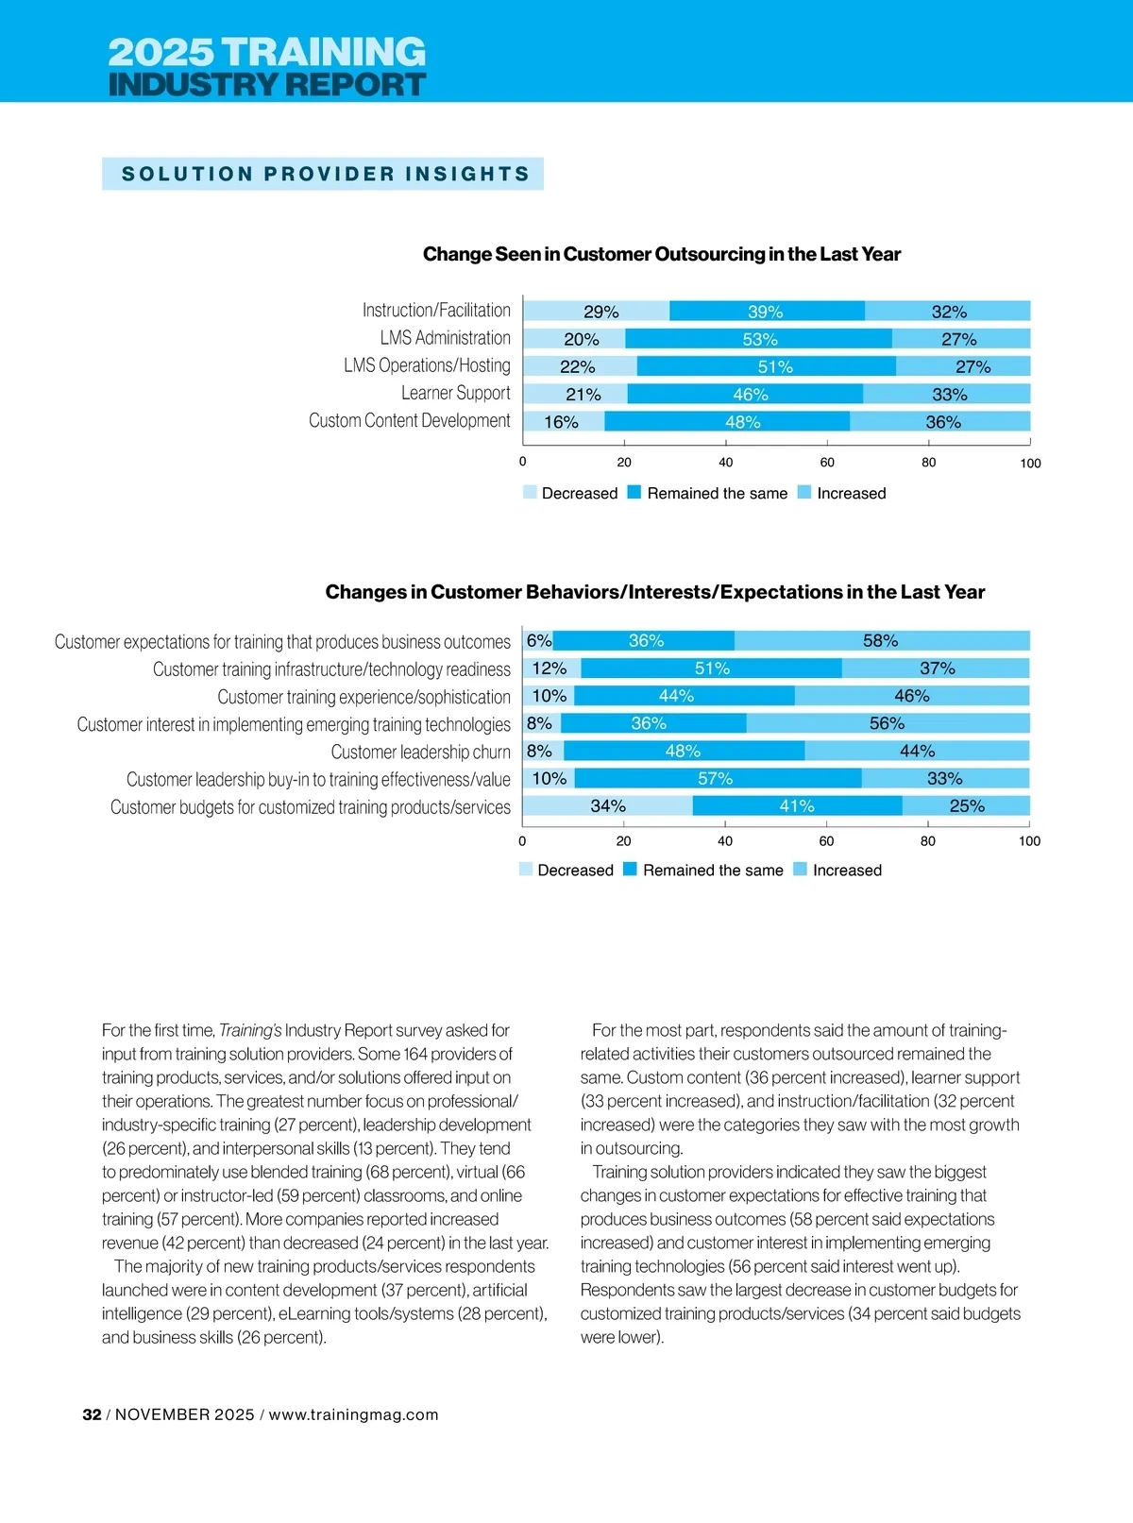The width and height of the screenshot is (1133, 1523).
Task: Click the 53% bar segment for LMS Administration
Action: [x=758, y=339]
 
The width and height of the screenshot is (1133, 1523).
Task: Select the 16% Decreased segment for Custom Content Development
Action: [x=564, y=422]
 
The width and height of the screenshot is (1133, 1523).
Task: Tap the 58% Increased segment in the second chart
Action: [x=881, y=641]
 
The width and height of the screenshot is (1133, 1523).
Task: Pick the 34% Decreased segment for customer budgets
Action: [x=607, y=806]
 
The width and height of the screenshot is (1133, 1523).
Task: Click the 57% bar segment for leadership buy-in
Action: [x=717, y=779]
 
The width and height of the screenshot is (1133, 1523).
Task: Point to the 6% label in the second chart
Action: [x=539, y=641]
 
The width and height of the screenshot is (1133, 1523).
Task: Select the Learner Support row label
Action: [x=455, y=394]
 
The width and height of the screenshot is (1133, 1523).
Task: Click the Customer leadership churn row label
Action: [x=420, y=753]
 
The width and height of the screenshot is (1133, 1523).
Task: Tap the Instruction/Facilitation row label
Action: [x=436, y=311]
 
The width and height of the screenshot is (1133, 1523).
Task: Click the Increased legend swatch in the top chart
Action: [x=804, y=493]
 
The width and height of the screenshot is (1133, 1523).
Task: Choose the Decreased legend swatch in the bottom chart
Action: [x=526, y=870]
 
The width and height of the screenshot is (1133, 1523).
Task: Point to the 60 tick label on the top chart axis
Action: [x=827, y=463]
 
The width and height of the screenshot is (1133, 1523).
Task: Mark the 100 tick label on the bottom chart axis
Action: [x=1029, y=841]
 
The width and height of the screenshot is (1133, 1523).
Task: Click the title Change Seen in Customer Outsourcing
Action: [x=661, y=254]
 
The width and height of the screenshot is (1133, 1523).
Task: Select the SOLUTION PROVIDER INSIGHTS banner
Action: [x=323, y=175]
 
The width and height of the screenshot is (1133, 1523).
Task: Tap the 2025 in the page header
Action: [x=161, y=52]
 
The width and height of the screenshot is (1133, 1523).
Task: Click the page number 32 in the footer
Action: [x=92, y=1414]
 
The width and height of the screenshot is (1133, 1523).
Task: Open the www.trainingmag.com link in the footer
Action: [x=353, y=1414]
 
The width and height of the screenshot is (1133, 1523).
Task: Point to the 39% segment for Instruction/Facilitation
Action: [x=766, y=312]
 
